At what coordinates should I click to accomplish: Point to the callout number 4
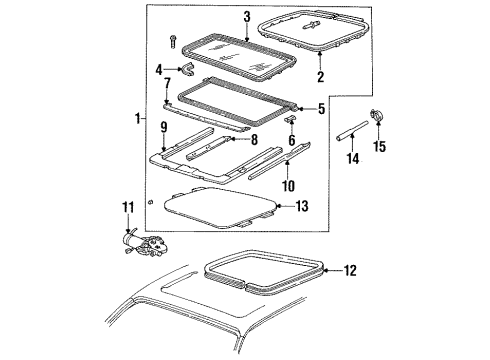point(159,70)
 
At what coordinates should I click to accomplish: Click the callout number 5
point(321,109)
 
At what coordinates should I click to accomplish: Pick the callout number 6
point(292,141)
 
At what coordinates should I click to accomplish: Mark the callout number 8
point(254,141)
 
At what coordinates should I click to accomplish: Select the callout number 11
point(126,236)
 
